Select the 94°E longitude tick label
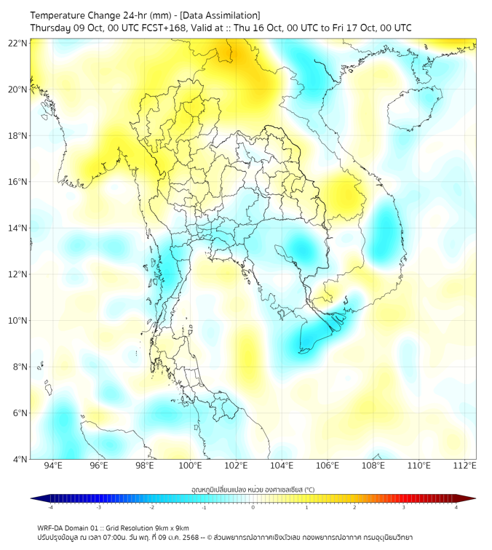click(53, 466)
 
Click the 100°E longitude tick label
click(190, 466)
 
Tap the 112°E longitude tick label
click(464, 466)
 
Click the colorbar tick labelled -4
click(49, 507)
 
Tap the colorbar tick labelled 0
click(253, 507)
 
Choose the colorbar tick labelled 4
click(456, 507)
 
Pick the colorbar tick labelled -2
click(151, 507)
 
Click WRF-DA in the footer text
click(50, 527)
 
